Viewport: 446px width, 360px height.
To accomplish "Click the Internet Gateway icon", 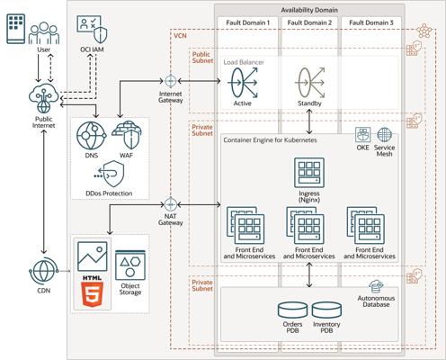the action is coord(170,81).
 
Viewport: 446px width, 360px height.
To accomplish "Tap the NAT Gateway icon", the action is coord(170,204).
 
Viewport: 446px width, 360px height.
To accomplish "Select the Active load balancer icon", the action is coord(243,83).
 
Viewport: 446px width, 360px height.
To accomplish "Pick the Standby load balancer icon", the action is coord(310,83).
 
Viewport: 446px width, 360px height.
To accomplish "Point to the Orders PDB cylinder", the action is coord(292,310).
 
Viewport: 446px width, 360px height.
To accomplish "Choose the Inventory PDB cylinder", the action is coord(326,310).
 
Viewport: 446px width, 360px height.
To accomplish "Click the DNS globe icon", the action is coord(91,136).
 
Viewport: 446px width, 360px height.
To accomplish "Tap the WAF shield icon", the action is coord(127,135).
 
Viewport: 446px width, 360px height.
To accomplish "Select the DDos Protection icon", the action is coord(109,174).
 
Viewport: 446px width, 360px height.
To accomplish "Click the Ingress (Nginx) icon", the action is coord(309,173).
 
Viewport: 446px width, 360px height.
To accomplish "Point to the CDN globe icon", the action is coord(43,271).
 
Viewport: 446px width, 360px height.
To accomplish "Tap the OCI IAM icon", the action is coord(92,30).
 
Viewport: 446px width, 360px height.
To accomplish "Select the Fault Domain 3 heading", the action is coord(371,22).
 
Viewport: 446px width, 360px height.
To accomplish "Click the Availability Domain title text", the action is coord(309,10).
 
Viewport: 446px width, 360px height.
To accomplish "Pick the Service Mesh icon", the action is coord(385,135).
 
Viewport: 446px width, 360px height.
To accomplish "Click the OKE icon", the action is coord(362,135).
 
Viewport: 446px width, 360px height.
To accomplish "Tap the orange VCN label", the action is coord(180,36).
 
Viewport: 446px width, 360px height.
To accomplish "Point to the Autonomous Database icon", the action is coord(376,286).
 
